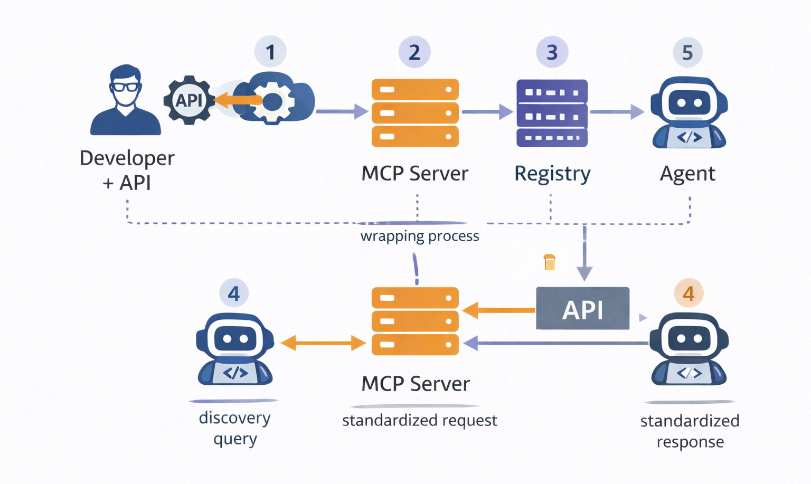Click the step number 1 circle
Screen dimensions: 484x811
click(270, 52)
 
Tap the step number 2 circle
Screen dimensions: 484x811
click(414, 52)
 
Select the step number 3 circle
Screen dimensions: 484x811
click(552, 52)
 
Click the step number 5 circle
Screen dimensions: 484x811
click(687, 52)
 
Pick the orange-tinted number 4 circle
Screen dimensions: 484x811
click(689, 293)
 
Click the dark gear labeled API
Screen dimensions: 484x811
click(189, 100)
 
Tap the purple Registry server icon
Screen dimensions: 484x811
click(552, 113)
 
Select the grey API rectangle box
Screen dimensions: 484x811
click(582, 309)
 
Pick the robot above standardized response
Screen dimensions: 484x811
click(689, 349)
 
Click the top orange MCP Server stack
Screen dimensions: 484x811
click(415, 113)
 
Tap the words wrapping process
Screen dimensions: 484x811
click(420, 236)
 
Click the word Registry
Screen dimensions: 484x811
click(552, 174)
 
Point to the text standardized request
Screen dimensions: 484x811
click(420, 421)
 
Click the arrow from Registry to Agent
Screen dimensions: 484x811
click(617, 112)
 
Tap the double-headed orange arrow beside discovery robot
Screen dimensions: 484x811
click(323, 344)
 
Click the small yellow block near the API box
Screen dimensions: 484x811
click(550, 262)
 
